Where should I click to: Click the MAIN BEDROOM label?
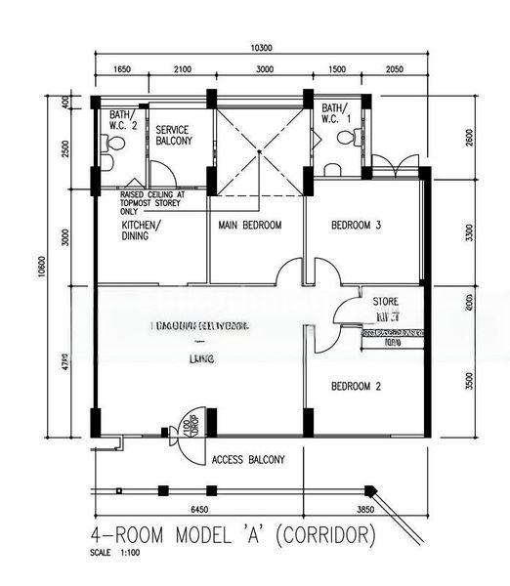point(248,226)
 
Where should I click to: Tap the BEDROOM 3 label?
point(356,226)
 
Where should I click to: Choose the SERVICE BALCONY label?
point(173,135)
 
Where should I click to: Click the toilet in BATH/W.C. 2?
point(113,143)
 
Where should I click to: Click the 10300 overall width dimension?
point(259,48)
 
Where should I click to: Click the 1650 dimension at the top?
point(122,71)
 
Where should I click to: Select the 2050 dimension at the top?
point(394,71)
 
